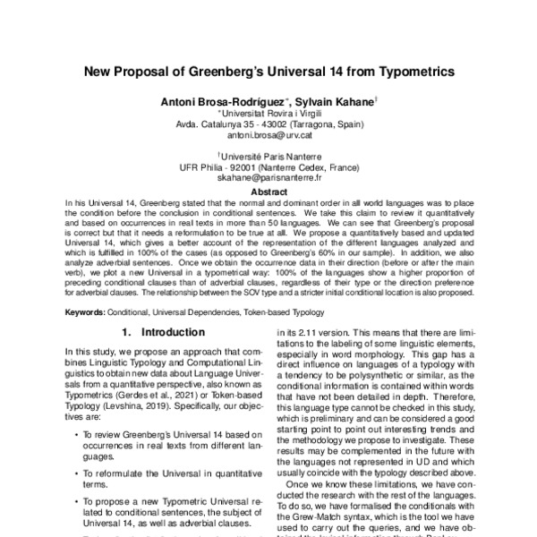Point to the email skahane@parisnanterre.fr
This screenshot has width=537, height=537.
click(x=268, y=177)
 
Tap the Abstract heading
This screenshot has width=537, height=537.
click(x=268, y=192)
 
